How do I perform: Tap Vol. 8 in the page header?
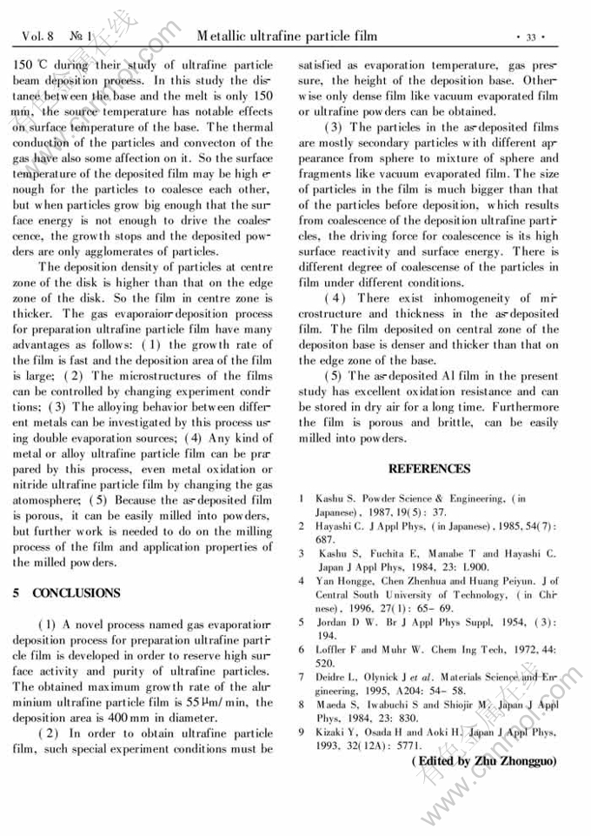pos(38,37)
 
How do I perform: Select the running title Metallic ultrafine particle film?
pos(287,36)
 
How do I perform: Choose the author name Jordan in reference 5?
pos(335,622)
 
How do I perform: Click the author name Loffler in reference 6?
pos(335,650)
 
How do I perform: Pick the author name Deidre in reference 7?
pos(335,677)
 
